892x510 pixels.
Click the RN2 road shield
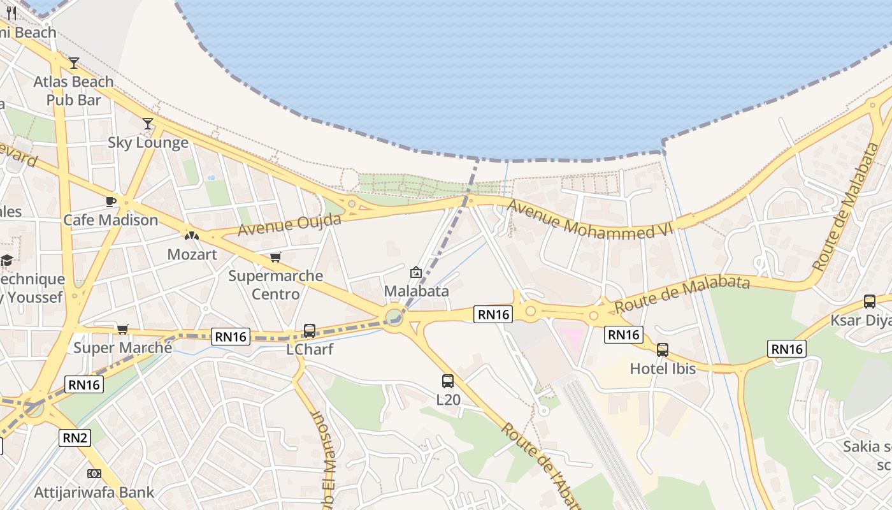75,438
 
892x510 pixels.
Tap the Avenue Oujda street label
289,225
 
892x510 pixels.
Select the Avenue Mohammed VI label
591,221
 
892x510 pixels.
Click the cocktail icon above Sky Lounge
148,124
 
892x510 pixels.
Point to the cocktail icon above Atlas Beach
74,63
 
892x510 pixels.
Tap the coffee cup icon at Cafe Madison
111,202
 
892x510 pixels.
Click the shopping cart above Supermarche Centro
275,258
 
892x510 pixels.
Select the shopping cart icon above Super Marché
122,329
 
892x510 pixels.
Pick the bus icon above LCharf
310,331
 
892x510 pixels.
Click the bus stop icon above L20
448,381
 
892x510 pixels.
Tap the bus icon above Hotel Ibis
663,350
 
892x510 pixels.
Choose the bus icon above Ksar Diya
870,302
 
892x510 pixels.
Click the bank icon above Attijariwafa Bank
94,474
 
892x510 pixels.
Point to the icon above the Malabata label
416,273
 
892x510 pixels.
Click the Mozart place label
192,254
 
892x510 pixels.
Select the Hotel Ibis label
662,368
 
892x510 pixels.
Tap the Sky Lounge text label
148,142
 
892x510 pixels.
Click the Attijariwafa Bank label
94,492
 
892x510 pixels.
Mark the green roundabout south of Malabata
394,317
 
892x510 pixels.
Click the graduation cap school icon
6,260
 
